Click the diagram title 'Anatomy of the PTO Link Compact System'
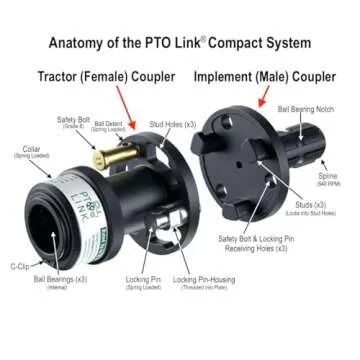(x=180, y=44)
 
